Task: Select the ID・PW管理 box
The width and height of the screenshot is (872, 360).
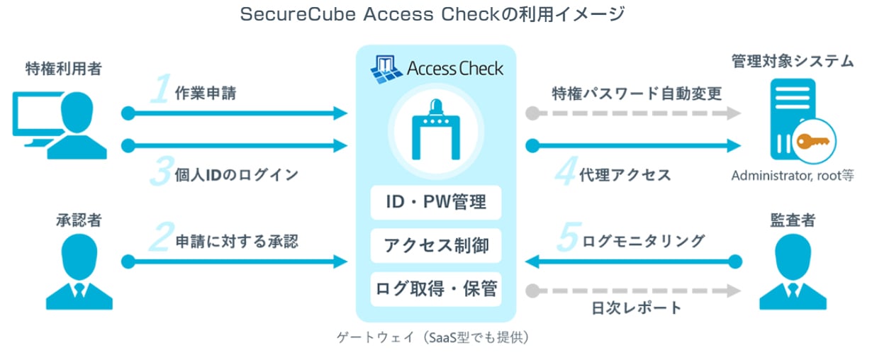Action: pos(436,203)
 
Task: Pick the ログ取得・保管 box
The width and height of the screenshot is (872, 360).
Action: pos(436,288)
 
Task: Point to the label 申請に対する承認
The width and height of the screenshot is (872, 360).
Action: pos(237,241)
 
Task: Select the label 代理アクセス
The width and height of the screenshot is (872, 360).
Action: pos(625,174)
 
